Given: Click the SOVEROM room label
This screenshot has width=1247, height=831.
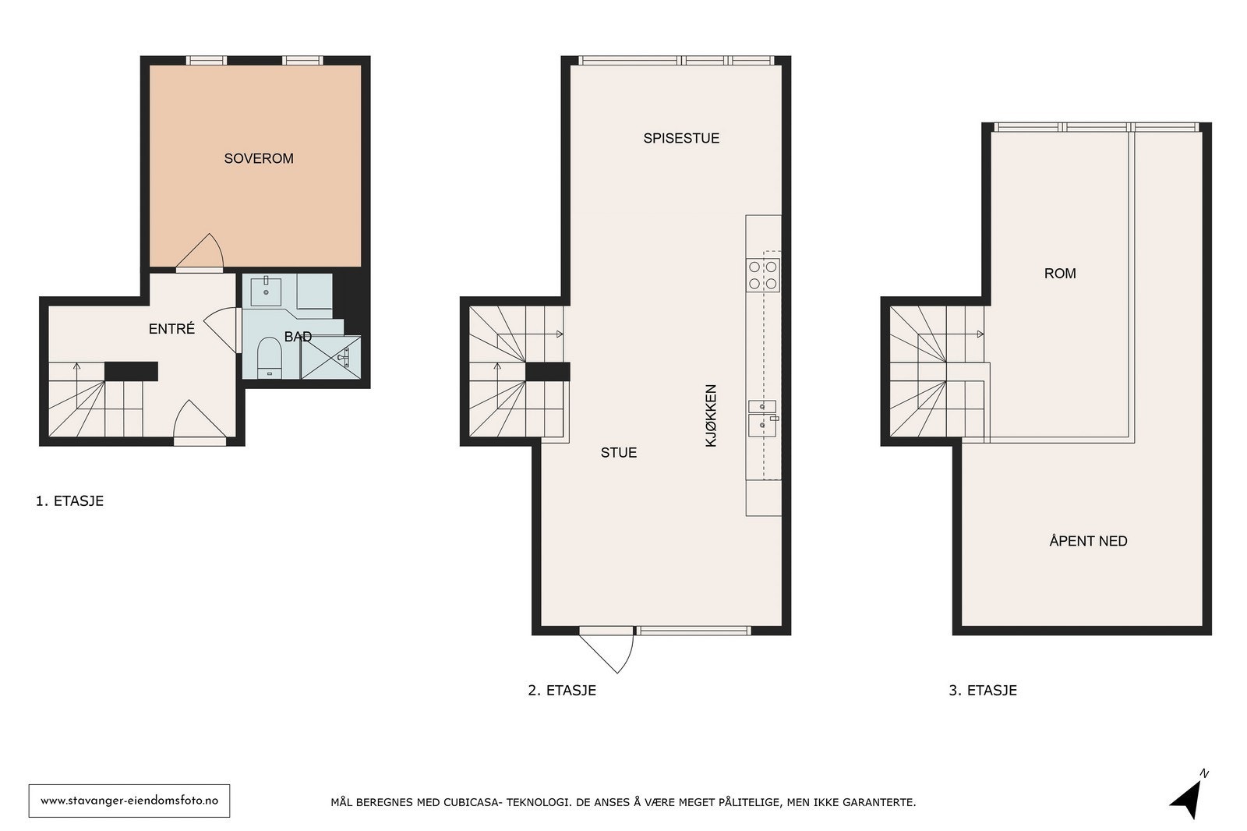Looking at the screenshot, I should [259, 158].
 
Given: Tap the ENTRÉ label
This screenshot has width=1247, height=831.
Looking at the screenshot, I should [171, 329].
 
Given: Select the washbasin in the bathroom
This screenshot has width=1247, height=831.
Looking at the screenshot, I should [266, 290].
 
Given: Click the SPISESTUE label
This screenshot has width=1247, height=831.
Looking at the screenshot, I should [680, 138].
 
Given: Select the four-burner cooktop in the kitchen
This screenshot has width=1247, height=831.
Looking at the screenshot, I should [763, 275].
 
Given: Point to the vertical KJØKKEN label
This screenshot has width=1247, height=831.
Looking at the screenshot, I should [711, 415].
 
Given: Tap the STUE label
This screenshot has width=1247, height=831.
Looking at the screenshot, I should [618, 452].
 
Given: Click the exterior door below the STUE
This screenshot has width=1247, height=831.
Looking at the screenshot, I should [608, 649].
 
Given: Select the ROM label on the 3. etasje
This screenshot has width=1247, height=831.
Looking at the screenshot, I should [1059, 273].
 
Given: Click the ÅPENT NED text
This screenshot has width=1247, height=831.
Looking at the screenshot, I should [1087, 541].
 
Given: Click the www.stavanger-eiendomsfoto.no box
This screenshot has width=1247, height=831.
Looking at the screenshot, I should [129, 801].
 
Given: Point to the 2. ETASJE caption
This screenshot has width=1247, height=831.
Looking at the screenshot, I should [561, 690].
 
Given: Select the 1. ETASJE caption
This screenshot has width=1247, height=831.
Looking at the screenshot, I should [69, 501].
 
